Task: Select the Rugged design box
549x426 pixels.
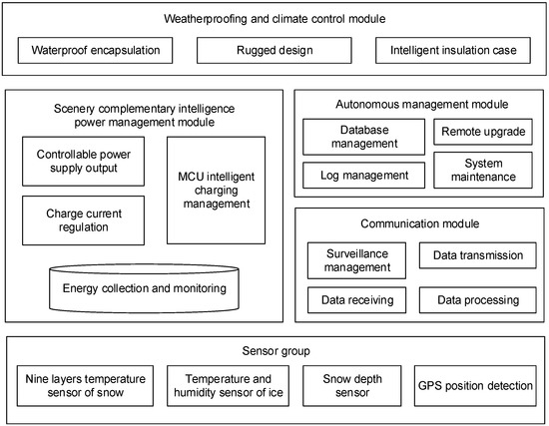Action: tap(274, 49)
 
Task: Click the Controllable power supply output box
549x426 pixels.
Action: tap(84, 161)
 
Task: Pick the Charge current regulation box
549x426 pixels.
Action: tap(84, 219)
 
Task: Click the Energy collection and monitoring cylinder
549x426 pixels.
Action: tap(145, 288)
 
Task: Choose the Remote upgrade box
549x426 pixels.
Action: tap(477, 130)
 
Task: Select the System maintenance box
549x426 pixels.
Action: tap(477, 169)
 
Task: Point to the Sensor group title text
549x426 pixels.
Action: tap(274, 352)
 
